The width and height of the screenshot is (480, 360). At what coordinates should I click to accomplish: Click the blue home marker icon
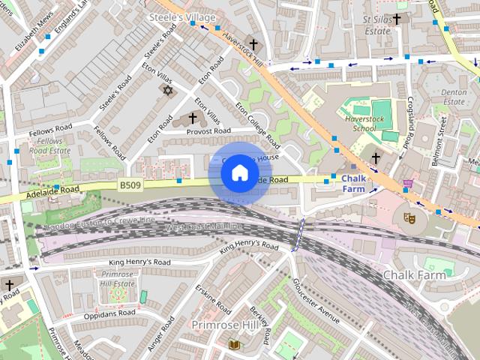[x=239, y=173]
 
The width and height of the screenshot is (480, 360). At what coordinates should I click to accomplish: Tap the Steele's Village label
[x=182, y=16]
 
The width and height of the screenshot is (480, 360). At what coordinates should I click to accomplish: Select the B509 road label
[x=130, y=184]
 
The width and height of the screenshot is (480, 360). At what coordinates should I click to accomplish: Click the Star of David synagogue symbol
[x=167, y=90]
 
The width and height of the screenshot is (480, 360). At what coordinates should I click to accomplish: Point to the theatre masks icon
[x=409, y=217]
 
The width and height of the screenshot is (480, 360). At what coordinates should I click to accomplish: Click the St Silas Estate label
[x=377, y=25]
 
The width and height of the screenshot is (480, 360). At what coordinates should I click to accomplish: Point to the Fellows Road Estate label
[x=50, y=145]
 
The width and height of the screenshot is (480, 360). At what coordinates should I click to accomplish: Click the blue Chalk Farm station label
[x=353, y=184]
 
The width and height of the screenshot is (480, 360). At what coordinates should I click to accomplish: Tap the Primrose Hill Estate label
[x=117, y=279]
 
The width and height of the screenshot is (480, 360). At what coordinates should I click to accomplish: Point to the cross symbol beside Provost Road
[x=192, y=118]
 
